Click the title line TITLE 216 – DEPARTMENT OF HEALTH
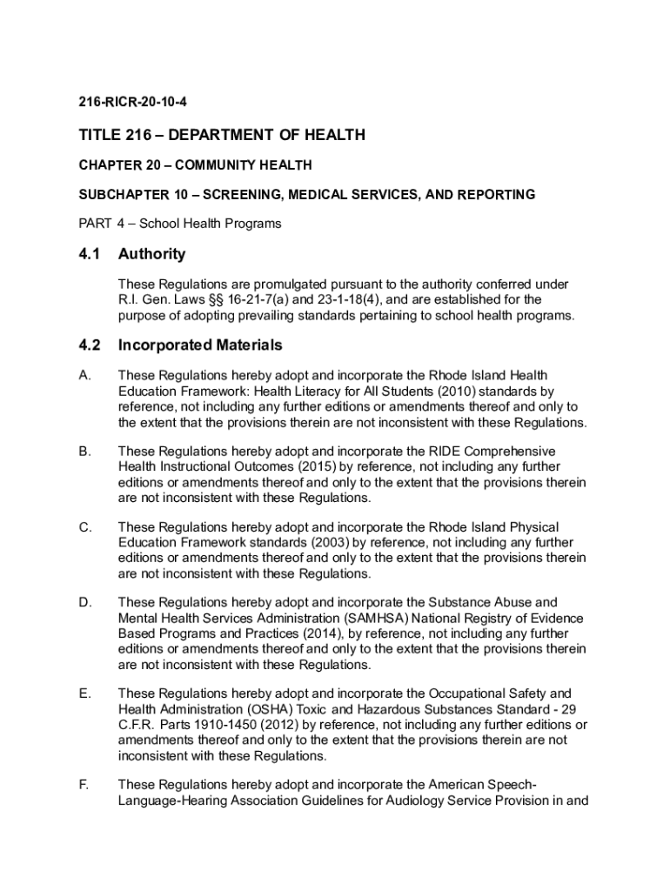(221, 135)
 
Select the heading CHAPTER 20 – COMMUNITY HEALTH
(195, 164)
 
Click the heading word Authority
(151, 254)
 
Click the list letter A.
(84, 376)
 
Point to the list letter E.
(84, 693)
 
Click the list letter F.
(84, 784)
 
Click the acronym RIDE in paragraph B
(443, 452)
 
